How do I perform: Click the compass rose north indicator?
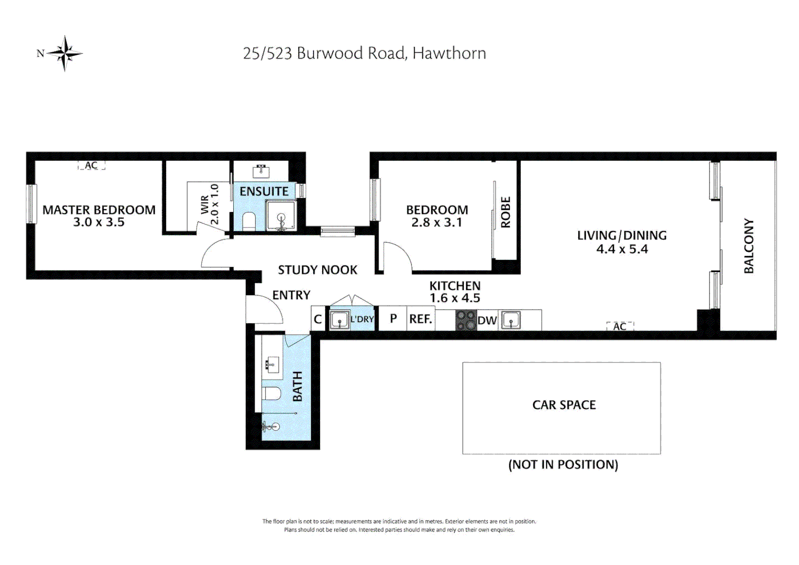(64, 53)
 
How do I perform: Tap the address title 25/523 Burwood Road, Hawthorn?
(364, 53)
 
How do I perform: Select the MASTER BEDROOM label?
(99, 210)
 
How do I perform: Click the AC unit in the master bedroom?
(92, 165)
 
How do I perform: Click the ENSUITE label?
(264, 191)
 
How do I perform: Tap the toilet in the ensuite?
(248, 221)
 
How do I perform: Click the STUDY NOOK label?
(317, 270)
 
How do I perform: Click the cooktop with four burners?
(466, 320)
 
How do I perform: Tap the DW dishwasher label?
(487, 321)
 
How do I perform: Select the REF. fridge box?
(421, 319)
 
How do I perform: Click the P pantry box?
(393, 319)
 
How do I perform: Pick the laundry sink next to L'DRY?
(339, 320)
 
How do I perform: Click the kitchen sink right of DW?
(510, 320)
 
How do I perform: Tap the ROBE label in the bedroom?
(506, 212)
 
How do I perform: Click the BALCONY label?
(749, 246)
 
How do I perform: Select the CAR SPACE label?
(564, 405)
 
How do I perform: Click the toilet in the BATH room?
(272, 393)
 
